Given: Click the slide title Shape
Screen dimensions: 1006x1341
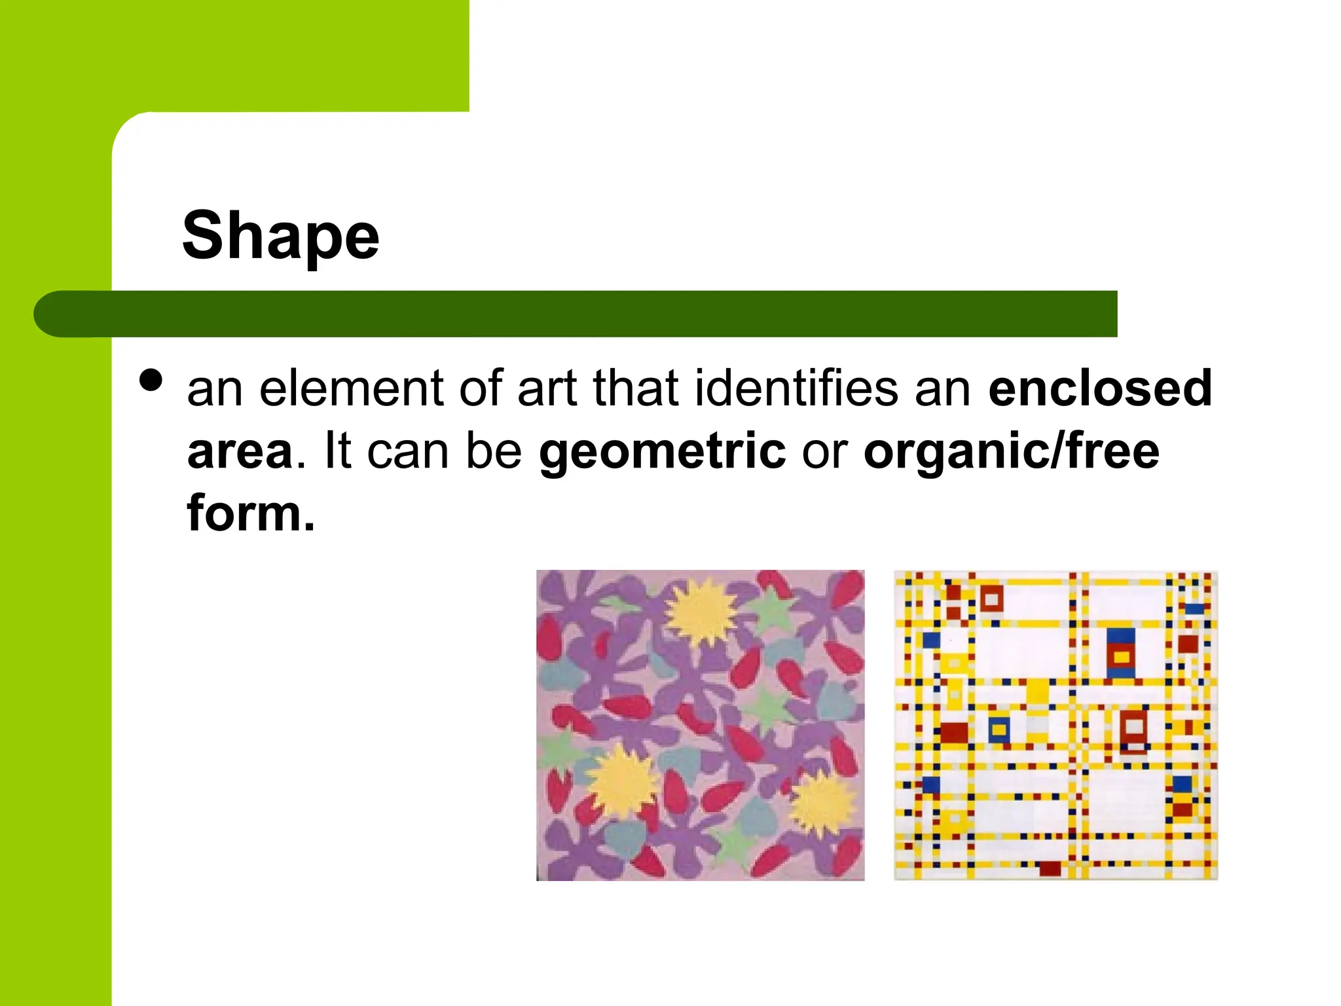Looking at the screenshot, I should coord(280,236).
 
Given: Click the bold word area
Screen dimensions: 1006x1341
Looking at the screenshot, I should coord(240,452).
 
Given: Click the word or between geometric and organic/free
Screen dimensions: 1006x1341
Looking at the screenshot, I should coord(824,452).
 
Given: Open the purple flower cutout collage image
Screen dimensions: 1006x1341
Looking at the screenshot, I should coord(700,725).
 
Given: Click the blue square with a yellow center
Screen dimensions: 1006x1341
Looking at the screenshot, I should coord(999,729).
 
